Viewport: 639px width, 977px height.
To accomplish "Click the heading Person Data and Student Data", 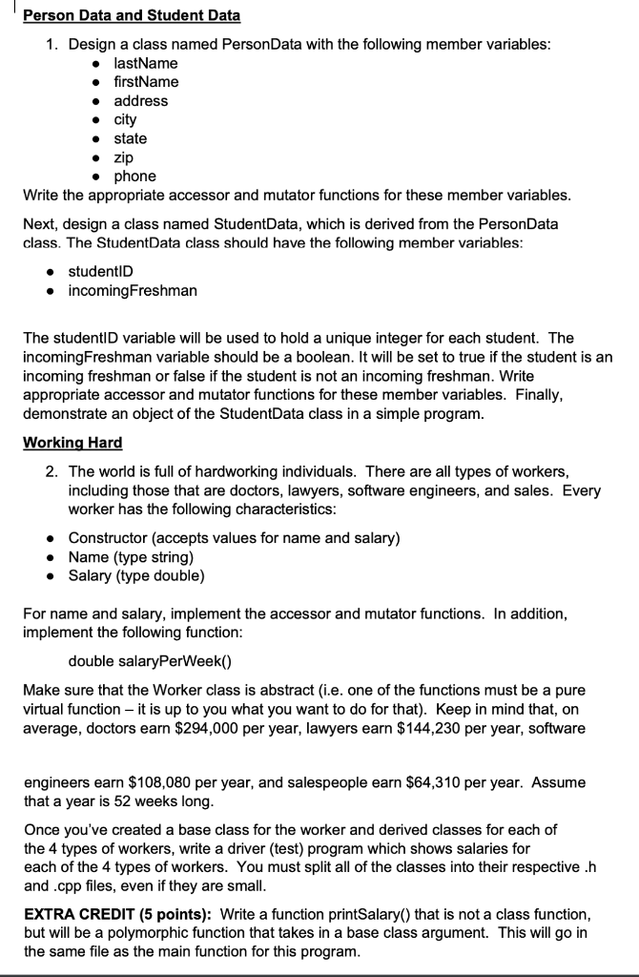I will click(x=132, y=16).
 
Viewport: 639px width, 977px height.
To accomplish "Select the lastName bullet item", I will click(x=145, y=63).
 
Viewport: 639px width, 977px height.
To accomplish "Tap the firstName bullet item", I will click(x=146, y=82).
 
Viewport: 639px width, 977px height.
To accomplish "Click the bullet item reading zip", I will click(x=124, y=157).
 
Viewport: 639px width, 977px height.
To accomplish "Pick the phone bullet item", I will click(x=134, y=177).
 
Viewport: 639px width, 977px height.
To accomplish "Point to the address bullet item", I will click(x=140, y=101).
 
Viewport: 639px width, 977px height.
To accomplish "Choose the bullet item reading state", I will click(x=131, y=139).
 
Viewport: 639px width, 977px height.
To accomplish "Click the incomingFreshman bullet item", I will click(x=133, y=290).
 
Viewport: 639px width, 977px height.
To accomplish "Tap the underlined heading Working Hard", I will click(x=72, y=444).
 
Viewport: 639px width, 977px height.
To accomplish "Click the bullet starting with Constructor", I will click(x=234, y=538).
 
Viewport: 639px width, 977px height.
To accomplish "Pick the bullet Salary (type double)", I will click(x=136, y=576).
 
